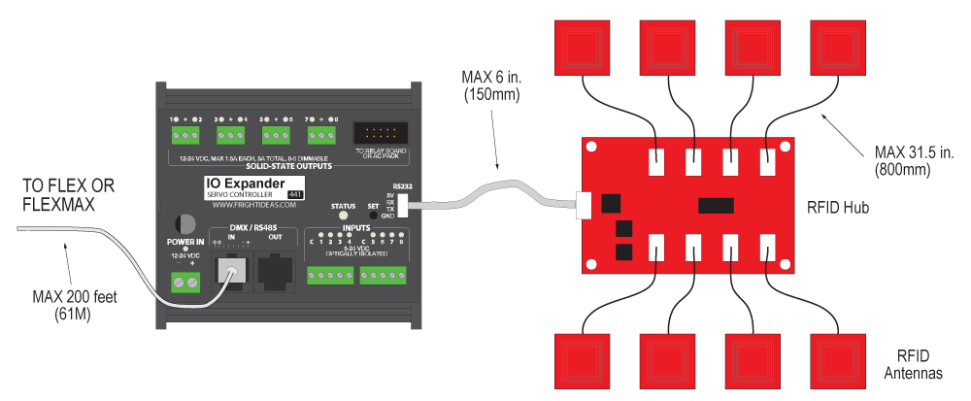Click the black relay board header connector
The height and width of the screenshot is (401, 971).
pyautogui.click(x=378, y=134)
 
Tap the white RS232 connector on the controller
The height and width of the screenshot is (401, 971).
pyautogui.click(x=402, y=206)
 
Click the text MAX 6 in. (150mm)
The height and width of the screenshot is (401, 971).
pyautogui.click(x=491, y=85)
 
